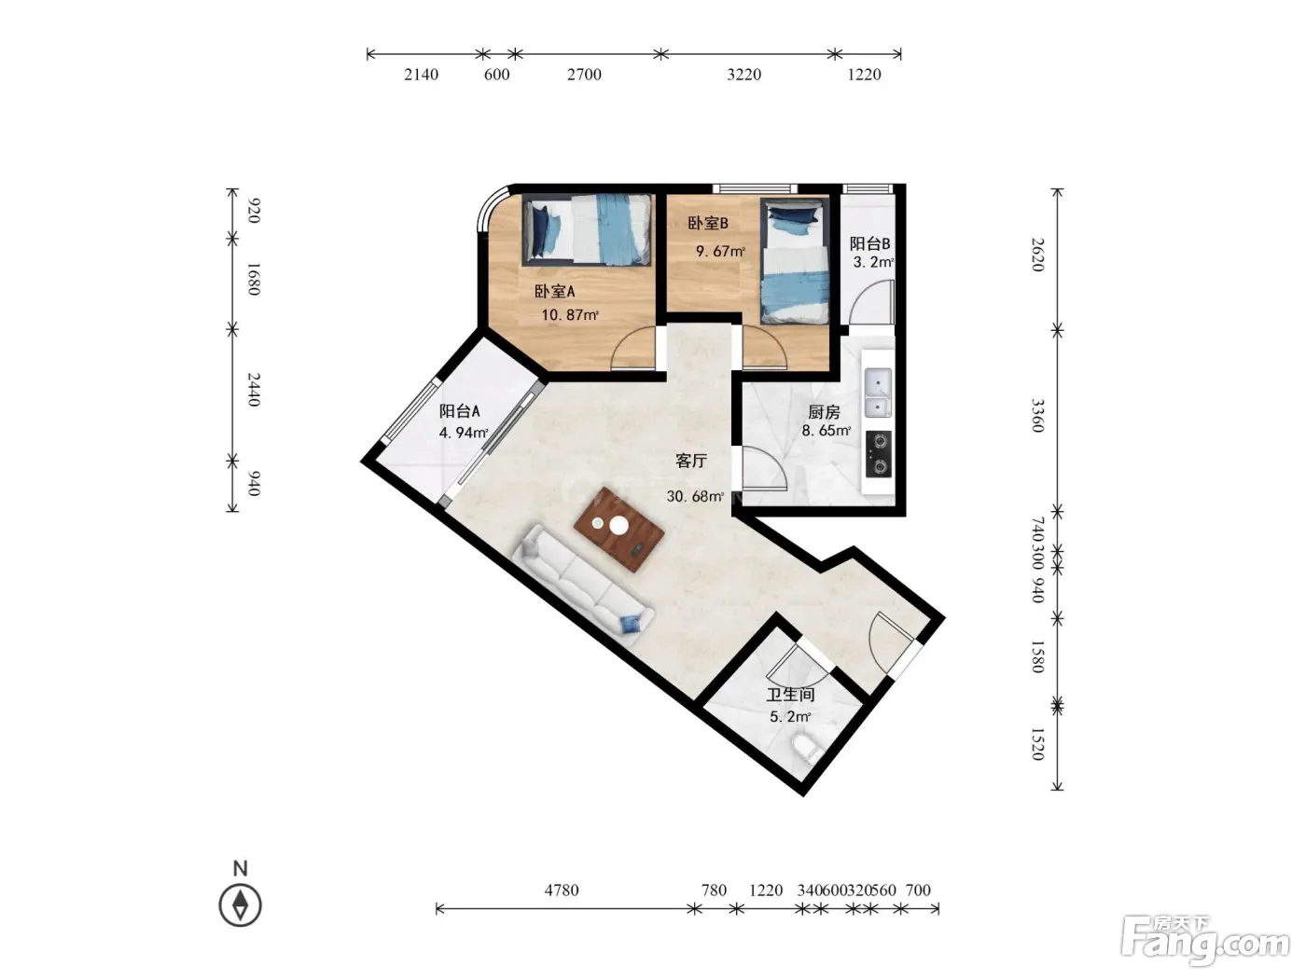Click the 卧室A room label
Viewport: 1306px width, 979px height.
[554, 292]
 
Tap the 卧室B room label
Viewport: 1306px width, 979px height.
[708, 224]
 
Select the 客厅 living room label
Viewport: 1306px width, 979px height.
[691, 461]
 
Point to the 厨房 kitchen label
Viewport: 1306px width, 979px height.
[824, 411]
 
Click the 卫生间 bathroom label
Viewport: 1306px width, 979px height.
[790, 695]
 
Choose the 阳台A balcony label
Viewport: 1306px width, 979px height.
[459, 411]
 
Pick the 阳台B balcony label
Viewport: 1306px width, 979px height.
[869, 243]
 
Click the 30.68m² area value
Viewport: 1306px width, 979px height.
[695, 496]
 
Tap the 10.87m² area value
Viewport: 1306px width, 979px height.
[569, 314]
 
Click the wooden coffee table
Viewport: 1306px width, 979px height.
[619, 530]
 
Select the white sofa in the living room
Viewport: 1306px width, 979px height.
[584, 585]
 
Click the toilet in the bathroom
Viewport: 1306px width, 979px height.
[807, 749]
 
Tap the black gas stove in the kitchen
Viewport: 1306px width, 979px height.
[878, 454]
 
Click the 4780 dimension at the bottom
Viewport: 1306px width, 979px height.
[562, 889]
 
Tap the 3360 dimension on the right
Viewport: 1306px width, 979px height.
[1037, 416]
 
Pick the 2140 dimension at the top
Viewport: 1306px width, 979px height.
[422, 75]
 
